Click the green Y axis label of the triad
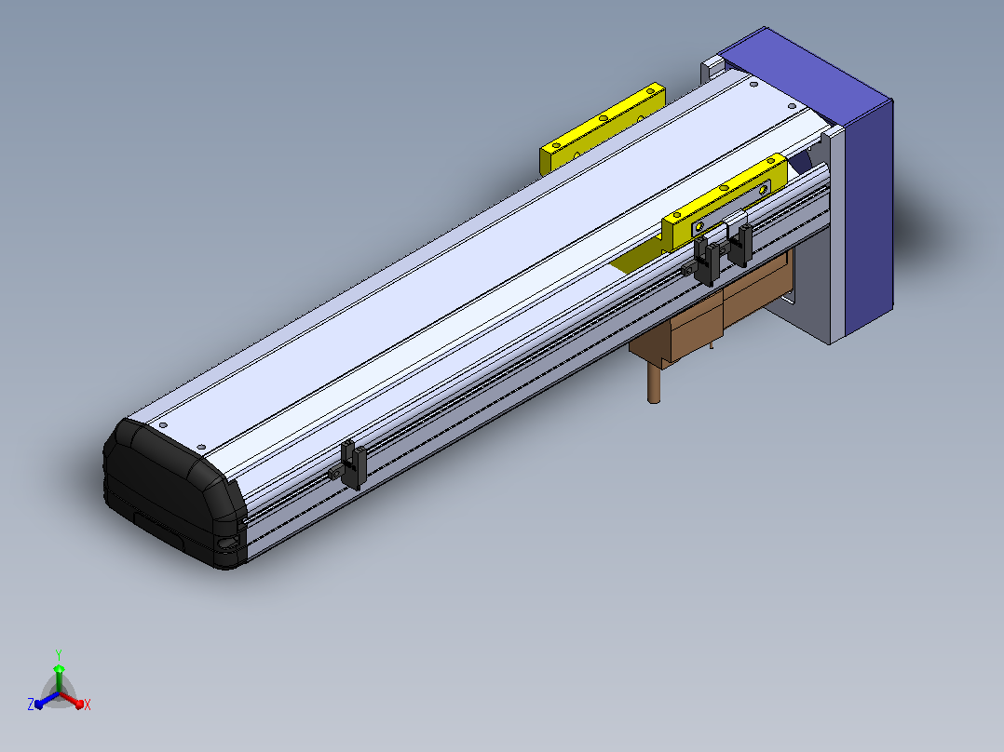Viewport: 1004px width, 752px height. click(59, 654)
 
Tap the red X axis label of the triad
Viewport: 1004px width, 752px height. click(88, 705)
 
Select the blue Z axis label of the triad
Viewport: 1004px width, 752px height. click(30, 704)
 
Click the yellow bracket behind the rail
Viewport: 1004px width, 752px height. click(602, 128)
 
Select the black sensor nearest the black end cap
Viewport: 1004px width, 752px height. click(353, 464)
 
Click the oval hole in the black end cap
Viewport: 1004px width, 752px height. click(226, 544)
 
